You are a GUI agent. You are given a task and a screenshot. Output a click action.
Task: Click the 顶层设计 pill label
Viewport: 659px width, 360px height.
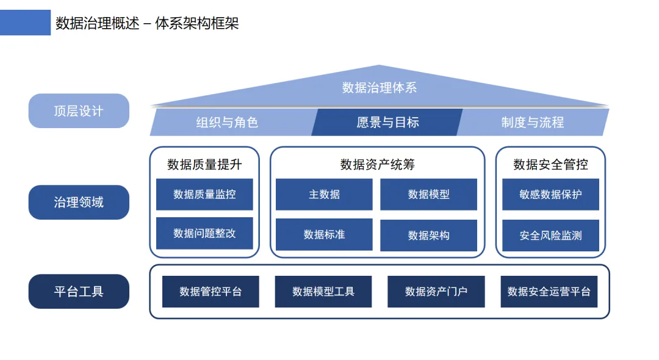[x=79, y=111]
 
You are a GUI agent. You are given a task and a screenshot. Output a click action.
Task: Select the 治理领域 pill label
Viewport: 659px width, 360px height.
[x=79, y=202]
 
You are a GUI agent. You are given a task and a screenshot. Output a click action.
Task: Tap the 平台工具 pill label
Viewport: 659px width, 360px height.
[x=79, y=292]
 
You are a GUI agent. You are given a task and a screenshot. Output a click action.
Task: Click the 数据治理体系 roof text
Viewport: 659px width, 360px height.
[x=379, y=88]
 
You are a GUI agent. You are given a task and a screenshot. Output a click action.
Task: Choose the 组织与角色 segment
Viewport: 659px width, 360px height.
[x=227, y=122]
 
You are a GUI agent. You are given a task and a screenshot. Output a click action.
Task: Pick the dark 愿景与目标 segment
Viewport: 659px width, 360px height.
[x=387, y=122]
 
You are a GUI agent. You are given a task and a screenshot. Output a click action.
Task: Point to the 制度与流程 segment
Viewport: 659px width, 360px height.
[x=532, y=122]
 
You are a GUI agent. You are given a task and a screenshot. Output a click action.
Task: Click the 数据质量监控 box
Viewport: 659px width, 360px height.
[x=204, y=194]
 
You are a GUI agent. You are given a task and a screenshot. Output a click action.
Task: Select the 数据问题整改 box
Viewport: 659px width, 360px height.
[x=204, y=233]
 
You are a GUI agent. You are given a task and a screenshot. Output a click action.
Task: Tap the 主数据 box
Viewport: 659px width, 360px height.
[x=324, y=194]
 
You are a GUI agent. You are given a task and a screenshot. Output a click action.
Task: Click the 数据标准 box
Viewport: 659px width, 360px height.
[x=324, y=234]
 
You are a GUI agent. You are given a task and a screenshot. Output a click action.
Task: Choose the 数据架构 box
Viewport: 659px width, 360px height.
[x=428, y=236]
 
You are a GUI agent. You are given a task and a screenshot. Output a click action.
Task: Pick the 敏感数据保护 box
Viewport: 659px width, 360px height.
[x=550, y=194]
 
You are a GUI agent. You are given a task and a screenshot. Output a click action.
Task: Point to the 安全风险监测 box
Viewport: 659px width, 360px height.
[x=550, y=236]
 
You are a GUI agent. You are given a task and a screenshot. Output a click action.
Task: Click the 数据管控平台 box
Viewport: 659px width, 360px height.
[x=211, y=292]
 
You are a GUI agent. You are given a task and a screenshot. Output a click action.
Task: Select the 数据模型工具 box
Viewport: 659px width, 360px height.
[x=323, y=292]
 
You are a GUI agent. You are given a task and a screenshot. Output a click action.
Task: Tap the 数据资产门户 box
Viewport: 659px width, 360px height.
[x=436, y=292]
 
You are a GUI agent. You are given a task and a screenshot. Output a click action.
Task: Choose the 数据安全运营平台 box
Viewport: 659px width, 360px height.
[x=549, y=292]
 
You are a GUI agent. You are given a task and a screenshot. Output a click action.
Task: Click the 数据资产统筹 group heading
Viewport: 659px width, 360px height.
[x=378, y=164]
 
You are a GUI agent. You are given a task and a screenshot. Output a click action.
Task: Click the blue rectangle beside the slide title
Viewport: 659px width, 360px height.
[x=25, y=23]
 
